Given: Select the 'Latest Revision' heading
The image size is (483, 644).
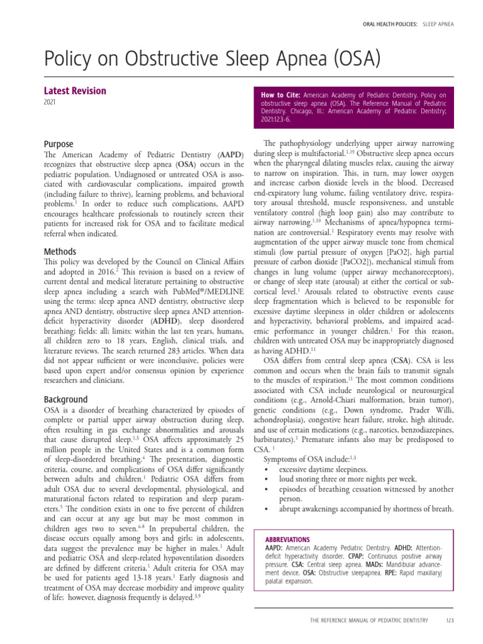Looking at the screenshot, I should pyautogui.click(x=75, y=91).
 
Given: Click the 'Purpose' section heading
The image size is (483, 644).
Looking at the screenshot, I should pyautogui.click(x=58, y=144).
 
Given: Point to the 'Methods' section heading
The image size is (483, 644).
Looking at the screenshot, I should pyautogui.click(x=60, y=252).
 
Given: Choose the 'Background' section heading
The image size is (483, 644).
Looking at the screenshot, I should pyautogui.click(x=65, y=399).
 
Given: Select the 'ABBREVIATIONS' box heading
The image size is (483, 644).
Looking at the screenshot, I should pyautogui.click(x=287, y=540).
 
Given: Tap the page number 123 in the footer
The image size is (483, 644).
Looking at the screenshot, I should pyautogui.click(x=449, y=621).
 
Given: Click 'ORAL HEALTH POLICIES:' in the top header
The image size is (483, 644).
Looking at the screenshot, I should pyautogui.click(x=391, y=24).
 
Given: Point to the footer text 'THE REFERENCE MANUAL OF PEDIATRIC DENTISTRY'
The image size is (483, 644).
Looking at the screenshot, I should pyautogui.click(x=369, y=621).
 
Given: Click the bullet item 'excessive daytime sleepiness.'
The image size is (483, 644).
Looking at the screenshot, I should pyautogui.click(x=323, y=469).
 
